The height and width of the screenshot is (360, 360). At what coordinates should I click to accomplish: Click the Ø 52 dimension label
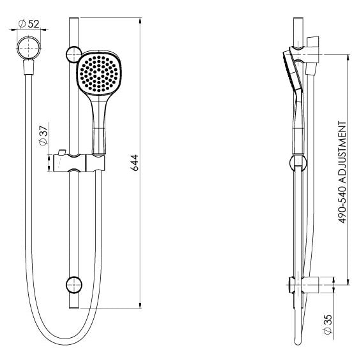point(29,24)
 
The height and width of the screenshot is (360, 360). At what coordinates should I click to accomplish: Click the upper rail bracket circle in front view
point(74,54)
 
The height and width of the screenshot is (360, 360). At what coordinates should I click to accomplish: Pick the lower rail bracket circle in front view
point(74,285)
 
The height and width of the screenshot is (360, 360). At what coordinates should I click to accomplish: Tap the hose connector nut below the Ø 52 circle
point(29,67)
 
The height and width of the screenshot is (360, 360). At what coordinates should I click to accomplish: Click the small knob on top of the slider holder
point(62,152)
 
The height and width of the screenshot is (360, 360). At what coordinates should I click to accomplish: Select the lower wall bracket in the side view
point(303,285)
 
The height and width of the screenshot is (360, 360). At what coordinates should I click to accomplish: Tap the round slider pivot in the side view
point(298,162)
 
